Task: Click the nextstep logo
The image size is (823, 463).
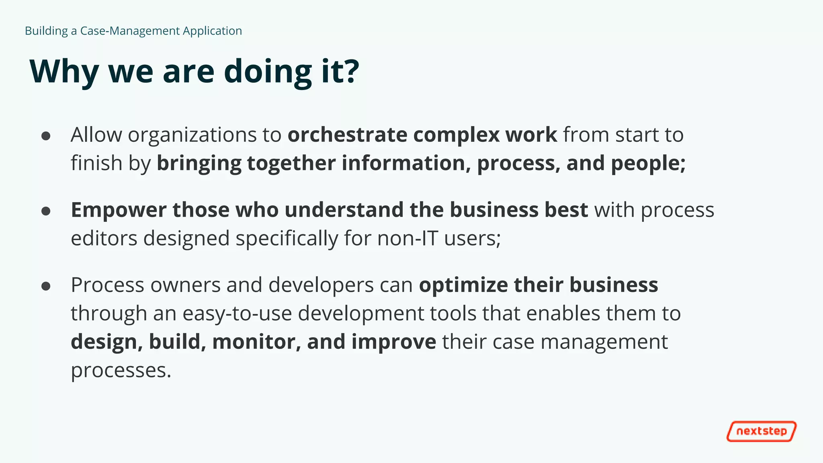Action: point(761,431)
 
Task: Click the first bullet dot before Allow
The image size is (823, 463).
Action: point(46,136)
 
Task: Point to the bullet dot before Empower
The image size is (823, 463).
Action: point(46,211)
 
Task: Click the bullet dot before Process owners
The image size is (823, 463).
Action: point(46,286)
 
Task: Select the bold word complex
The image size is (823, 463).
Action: point(456,135)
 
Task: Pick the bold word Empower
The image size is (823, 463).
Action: point(119,210)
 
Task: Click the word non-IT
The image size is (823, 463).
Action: point(407,238)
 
